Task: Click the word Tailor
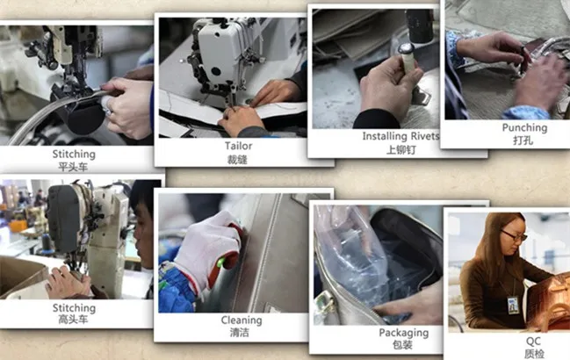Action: pos(239,146)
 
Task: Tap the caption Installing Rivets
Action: pos(400,136)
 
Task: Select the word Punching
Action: pos(524,128)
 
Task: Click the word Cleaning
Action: pos(242,320)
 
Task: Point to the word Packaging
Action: pos(403,333)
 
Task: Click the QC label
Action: pos(533,341)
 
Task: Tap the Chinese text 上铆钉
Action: pos(401,149)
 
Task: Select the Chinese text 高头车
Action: pos(73,320)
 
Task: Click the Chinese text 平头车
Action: pos(73,167)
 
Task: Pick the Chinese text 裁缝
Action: pos(237,160)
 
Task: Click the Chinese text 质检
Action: pos(534,354)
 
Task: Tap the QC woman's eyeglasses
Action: pos(514,236)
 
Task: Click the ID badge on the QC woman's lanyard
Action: pos(513,306)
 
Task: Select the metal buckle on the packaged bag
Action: pos(324,303)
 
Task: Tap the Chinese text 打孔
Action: pos(523,140)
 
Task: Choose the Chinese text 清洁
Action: pos(240,333)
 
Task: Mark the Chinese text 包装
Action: pos(402,345)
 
